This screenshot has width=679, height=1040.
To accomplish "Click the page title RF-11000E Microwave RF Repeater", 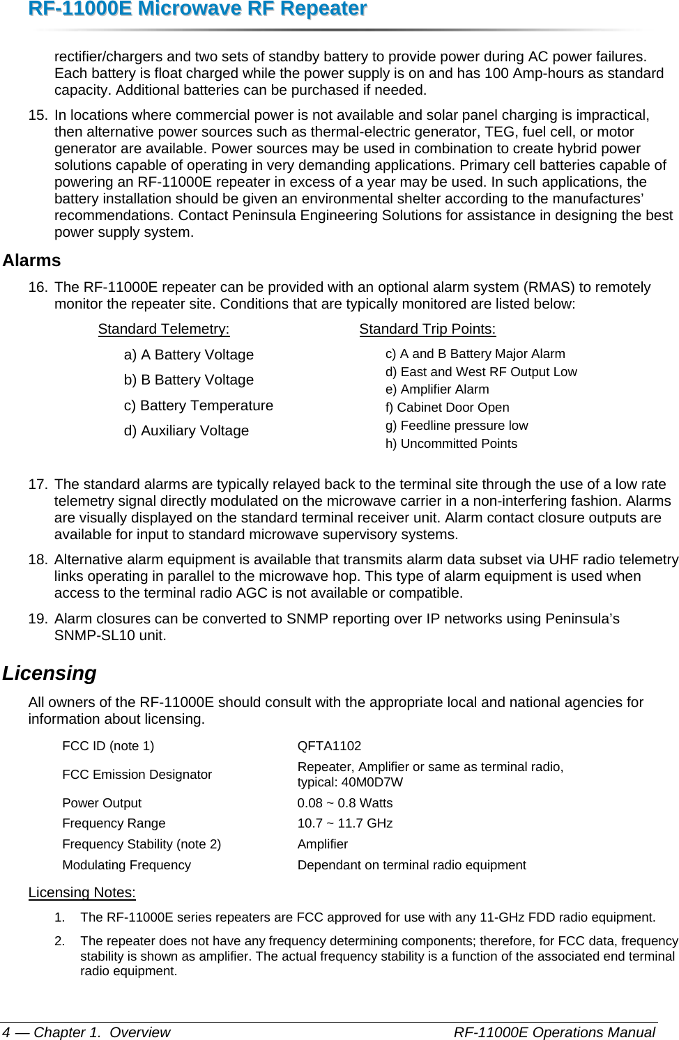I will [184, 9].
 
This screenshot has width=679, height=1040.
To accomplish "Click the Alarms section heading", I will [31, 261].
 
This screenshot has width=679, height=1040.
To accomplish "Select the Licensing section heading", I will [49, 673].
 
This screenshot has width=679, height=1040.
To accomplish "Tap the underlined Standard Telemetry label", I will [164, 329].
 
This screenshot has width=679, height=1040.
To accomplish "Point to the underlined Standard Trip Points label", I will [427, 329].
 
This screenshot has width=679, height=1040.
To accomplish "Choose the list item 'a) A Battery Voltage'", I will [189, 355].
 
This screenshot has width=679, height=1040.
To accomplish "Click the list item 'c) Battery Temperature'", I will [199, 405].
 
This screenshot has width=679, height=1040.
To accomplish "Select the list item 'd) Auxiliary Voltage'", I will [186, 430].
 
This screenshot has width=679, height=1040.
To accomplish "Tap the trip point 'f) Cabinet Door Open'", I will [447, 408].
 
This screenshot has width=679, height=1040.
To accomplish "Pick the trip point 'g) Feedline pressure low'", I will [457, 426].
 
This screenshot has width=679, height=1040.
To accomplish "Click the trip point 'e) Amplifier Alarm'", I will [437, 389].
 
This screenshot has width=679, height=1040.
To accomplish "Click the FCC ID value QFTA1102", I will [329, 746].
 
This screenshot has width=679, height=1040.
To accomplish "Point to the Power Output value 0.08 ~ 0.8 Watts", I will [345, 803].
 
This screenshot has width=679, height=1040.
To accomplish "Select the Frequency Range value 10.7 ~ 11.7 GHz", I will [345, 823].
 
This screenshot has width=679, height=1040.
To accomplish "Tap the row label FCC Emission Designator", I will [137, 775].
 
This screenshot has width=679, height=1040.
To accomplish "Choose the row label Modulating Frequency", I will [126, 865].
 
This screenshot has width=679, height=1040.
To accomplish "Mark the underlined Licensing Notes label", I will [82, 892].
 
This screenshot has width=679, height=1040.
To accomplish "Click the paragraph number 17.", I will [38, 484].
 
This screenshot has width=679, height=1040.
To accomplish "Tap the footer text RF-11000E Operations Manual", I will [554, 1032].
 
